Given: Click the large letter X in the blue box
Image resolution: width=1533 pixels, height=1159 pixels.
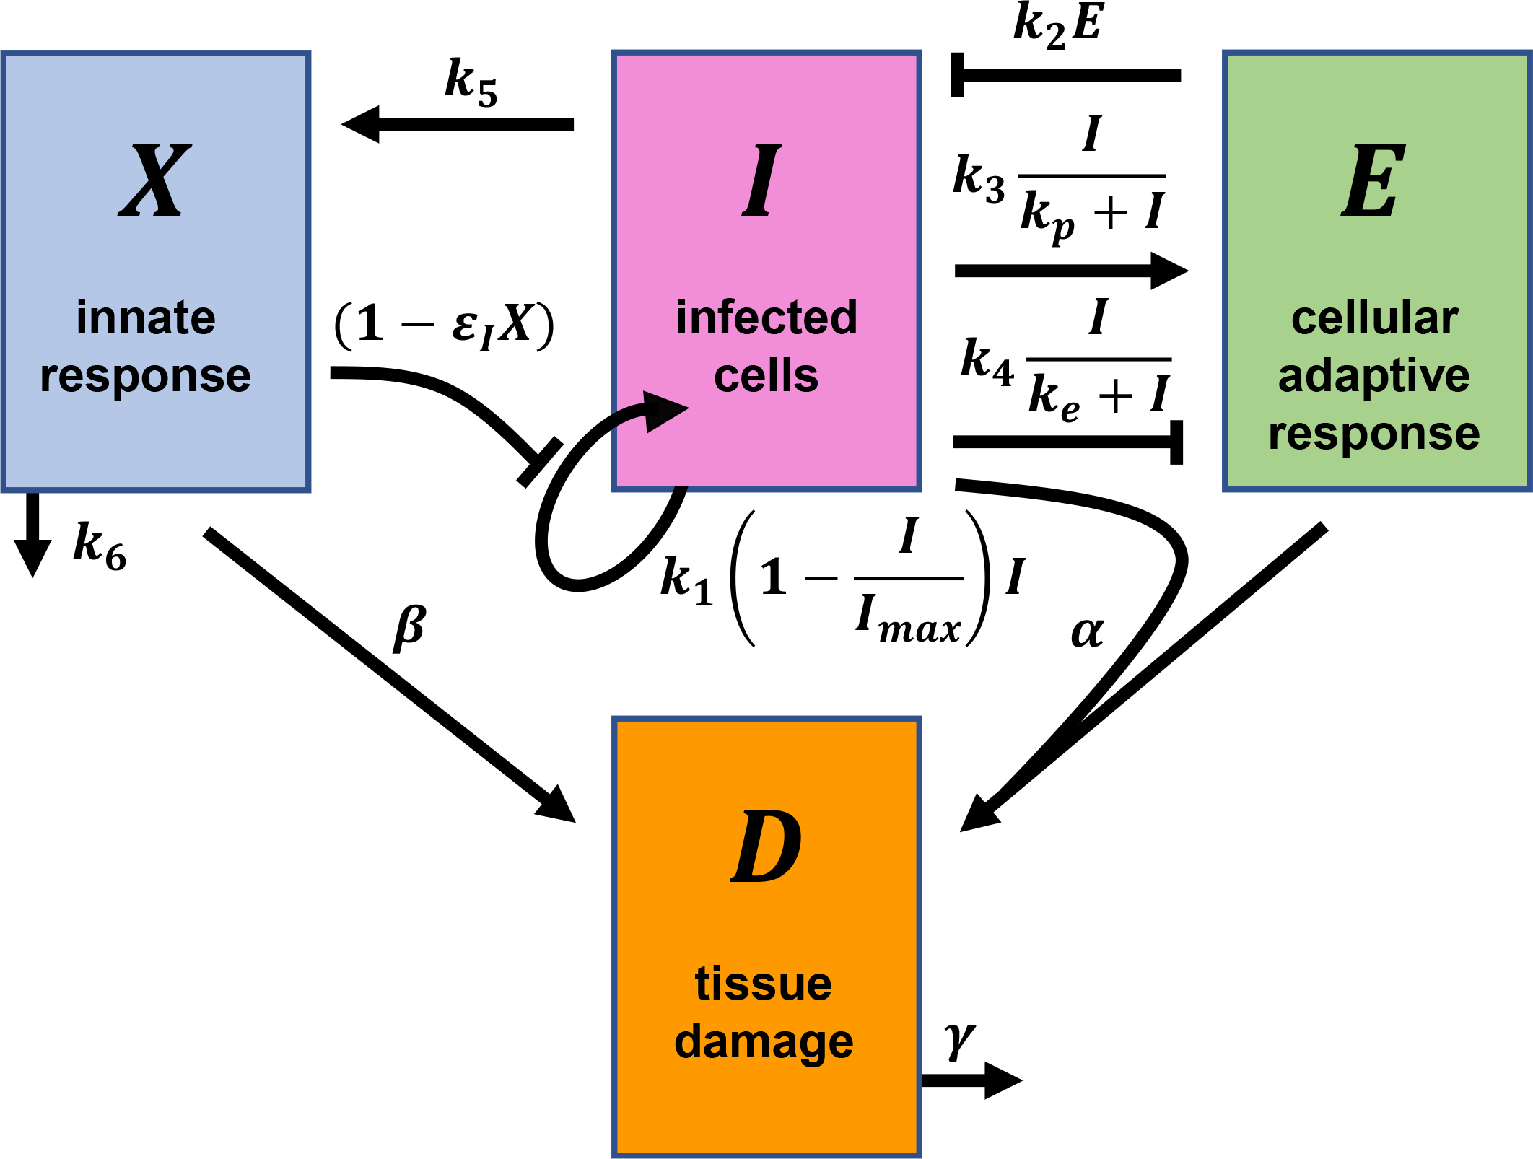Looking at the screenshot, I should (155, 180).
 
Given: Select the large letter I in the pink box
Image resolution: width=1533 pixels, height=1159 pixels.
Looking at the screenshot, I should (762, 180).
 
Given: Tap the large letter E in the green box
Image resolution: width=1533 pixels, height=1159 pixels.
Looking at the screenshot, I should (1373, 180).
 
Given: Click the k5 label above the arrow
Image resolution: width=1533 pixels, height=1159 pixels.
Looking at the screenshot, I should (471, 83).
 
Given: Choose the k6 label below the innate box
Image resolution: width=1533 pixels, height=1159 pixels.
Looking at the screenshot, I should (100, 546).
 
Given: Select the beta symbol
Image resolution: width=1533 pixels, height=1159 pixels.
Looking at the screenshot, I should (410, 626).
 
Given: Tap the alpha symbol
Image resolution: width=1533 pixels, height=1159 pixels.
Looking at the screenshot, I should (1087, 631).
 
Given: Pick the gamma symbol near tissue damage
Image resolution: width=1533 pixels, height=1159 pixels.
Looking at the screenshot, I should (960, 1041).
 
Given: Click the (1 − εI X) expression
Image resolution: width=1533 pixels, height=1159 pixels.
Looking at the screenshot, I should (444, 325).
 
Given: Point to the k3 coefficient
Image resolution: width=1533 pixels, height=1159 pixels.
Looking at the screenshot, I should (978, 178).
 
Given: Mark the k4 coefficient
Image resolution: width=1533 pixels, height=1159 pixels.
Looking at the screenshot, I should (987, 362).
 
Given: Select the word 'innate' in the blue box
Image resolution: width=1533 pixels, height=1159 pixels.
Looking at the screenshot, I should (146, 318).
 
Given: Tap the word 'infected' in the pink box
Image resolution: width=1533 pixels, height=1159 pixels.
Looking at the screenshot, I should (766, 318).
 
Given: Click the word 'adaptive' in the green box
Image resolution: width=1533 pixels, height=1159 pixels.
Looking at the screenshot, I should (1373, 376).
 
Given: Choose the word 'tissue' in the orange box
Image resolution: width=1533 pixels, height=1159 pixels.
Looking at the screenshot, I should (764, 984).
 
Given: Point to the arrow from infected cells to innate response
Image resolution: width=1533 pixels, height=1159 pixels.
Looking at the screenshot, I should (458, 124).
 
